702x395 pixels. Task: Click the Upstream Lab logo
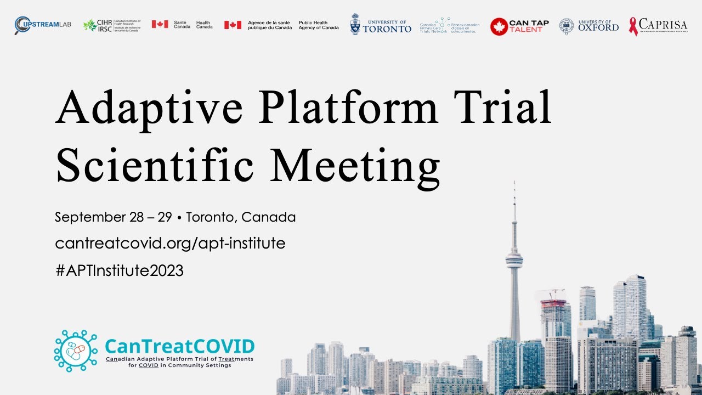pyautogui.click(x=43, y=25)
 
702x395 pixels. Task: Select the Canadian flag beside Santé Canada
pyautogui.click(x=160, y=25)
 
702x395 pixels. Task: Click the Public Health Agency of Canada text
pyautogui.click(x=318, y=25)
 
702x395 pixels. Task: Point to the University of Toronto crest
pyautogui.click(x=355, y=25)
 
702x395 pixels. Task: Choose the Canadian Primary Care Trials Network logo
pyautogui.click(x=448, y=25)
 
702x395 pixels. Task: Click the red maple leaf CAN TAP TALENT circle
pyautogui.click(x=499, y=26)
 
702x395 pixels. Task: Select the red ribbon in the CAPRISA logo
pyautogui.click(x=633, y=26)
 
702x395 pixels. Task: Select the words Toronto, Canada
pyautogui.click(x=241, y=217)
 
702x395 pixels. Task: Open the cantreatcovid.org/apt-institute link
pyautogui.click(x=170, y=244)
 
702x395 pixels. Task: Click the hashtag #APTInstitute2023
pyautogui.click(x=119, y=270)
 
